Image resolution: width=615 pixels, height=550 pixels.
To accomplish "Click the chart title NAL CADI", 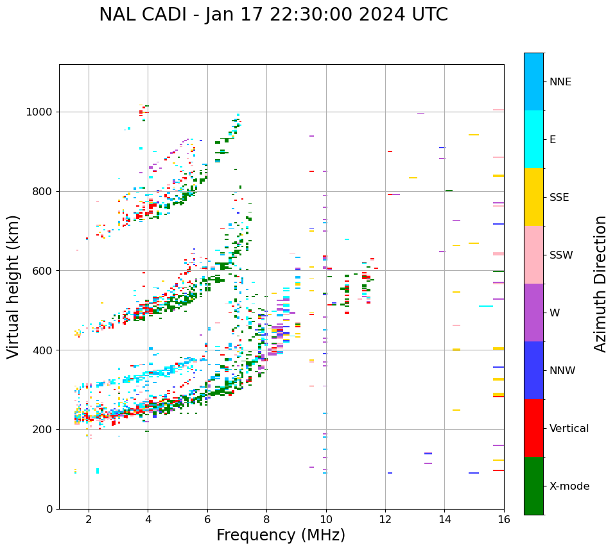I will [x=273, y=15].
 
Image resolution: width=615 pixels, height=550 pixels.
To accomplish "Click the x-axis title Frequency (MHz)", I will [x=281, y=535].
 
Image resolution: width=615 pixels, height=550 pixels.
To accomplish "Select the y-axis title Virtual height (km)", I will [x=13, y=286].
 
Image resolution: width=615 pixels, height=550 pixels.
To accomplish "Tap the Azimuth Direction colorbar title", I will [x=600, y=284].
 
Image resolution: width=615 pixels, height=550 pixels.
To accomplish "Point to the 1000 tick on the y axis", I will [x=40, y=112].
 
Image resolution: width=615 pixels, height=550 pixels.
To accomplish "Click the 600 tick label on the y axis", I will [x=43, y=271].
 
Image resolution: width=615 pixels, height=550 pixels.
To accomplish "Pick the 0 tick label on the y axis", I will [x=49, y=509].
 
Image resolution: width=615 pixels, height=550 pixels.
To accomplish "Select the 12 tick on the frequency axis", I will [x=385, y=519].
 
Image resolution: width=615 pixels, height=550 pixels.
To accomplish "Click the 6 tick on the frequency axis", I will [x=207, y=519].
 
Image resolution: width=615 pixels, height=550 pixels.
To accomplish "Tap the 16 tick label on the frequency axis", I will [x=503, y=519].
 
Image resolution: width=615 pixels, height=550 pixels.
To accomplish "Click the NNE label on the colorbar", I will [x=560, y=82].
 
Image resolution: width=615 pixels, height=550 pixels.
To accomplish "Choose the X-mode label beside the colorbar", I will [x=569, y=486].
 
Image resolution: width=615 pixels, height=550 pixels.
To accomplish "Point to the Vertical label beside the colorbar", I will [x=569, y=429].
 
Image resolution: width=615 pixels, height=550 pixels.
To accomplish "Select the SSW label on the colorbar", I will [x=561, y=255].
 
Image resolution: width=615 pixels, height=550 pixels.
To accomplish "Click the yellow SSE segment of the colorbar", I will [x=533, y=197].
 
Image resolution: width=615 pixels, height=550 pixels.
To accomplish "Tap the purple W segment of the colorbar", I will [x=533, y=313].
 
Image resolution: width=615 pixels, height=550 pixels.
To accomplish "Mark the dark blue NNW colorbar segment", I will [x=533, y=370].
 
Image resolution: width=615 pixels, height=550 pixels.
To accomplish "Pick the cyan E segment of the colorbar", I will [x=533, y=139].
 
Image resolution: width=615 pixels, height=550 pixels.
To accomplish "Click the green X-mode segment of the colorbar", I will [x=533, y=486].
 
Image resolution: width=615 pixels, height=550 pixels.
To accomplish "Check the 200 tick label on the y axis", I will [x=43, y=430].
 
